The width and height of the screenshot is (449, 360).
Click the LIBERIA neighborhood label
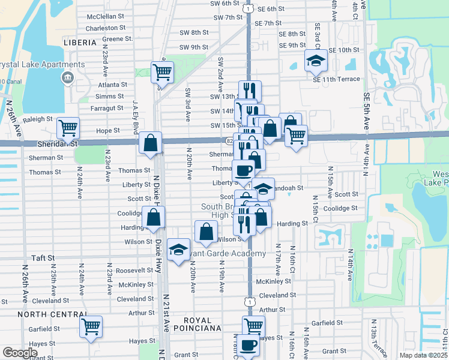click(79, 43)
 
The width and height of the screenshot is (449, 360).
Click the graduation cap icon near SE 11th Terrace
click(316, 60)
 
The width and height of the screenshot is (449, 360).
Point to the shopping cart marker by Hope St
click(68, 127)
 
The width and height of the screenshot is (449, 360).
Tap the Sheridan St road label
click(59, 143)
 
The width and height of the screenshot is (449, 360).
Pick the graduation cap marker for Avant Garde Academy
click(178, 251)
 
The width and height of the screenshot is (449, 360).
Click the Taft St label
click(43, 257)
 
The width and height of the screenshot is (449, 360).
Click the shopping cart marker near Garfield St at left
click(91, 326)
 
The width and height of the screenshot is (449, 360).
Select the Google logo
click(20, 353)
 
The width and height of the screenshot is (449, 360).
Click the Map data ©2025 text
click(423, 355)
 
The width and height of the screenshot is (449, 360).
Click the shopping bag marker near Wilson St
click(206, 232)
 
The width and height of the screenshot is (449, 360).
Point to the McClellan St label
click(107, 16)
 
